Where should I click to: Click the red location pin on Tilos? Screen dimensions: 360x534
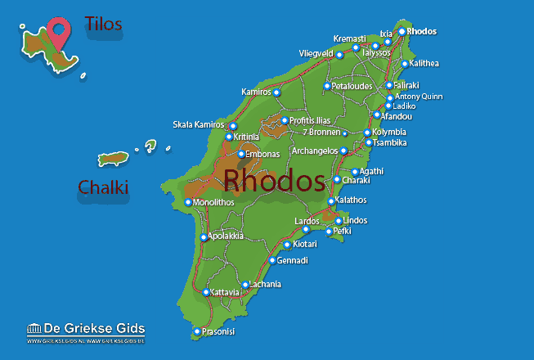click(58, 32)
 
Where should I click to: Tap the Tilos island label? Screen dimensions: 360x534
click(104, 24)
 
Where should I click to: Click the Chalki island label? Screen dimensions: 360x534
click(103, 187)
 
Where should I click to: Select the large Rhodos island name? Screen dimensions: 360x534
click(273, 181)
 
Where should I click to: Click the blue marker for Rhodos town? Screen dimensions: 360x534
click(402, 32)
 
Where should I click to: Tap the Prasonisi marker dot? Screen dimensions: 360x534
click(197, 331)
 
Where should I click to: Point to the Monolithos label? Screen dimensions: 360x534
click(214, 202)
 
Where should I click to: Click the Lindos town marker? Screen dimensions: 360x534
click(339, 221)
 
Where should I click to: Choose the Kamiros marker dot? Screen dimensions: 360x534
click(276, 92)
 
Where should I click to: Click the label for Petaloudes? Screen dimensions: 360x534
click(352, 86)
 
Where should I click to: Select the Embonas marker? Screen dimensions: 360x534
click(240, 154)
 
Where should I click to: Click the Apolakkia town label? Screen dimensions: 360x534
click(226, 236)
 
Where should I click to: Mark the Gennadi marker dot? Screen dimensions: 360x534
click(273, 261)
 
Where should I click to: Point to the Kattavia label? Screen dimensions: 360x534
click(225, 292)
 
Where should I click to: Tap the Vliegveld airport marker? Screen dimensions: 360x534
click(339, 55)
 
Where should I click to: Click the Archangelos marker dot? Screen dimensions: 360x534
click(343, 151)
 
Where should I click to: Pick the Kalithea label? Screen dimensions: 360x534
click(425, 64)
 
